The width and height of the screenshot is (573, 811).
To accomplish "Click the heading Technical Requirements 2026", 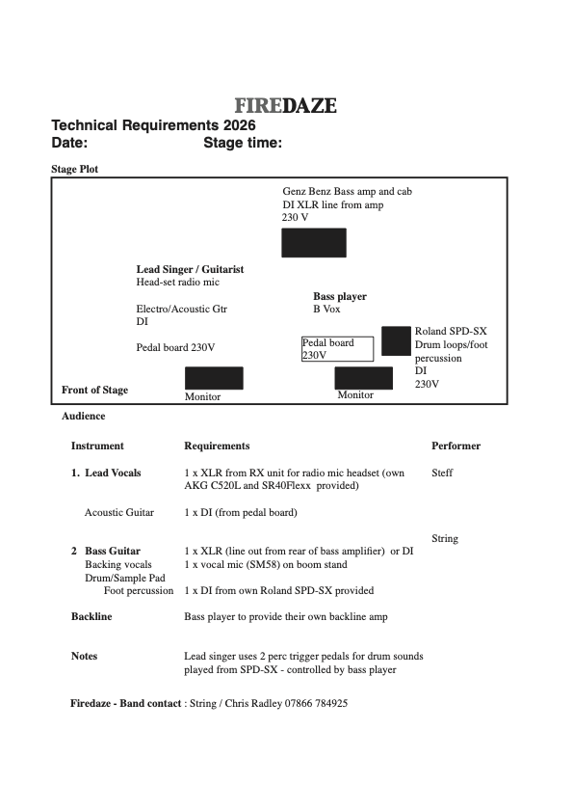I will [x=153, y=125].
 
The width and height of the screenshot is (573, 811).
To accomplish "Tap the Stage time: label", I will [x=243, y=144].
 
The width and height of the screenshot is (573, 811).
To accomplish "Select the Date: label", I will [x=69, y=144].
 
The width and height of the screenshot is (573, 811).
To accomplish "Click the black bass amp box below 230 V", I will [x=313, y=243].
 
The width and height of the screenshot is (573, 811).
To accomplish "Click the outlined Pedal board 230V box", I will [x=337, y=349].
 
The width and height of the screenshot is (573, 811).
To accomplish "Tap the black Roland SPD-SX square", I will [x=396, y=340].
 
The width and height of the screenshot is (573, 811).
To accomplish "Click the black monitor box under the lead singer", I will [x=214, y=378].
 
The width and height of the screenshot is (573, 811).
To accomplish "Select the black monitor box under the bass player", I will [x=363, y=378].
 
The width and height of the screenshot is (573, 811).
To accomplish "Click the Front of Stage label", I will [x=94, y=390].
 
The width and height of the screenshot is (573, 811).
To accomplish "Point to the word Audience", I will [x=84, y=416].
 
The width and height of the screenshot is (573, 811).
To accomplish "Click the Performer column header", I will [x=456, y=446].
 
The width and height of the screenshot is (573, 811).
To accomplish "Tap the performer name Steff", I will [x=442, y=473].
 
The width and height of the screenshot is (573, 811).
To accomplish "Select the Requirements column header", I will [x=217, y=446].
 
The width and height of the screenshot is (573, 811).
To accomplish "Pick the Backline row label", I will [x=91, y=616].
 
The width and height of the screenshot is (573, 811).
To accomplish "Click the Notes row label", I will [x=84, y=656].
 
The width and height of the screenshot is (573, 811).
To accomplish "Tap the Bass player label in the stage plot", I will [x=339, y=297].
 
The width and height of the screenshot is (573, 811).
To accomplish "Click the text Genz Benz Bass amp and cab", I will [x=347, y=192].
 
